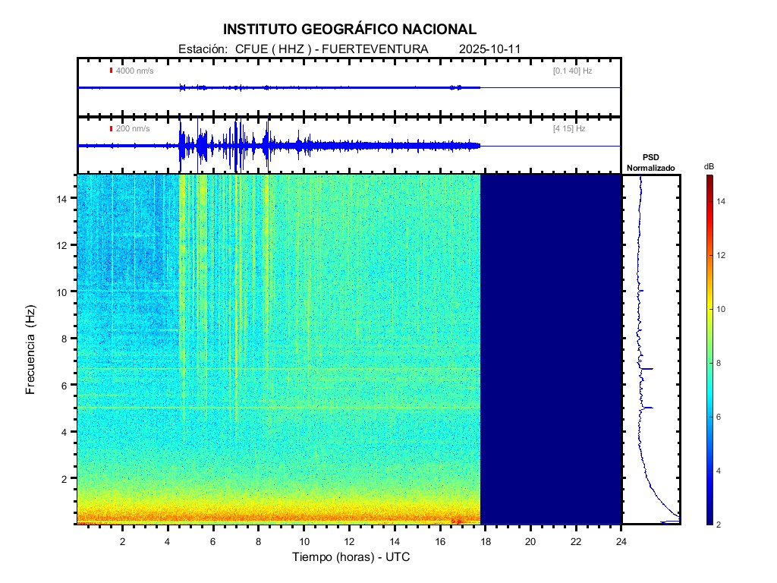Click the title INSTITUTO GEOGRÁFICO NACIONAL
(350, 30)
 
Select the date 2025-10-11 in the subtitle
(489, 49)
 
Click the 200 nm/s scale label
(132, 129)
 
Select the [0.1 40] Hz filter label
(572, 71)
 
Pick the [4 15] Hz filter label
(569, 129)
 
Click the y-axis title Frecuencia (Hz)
(31, 349)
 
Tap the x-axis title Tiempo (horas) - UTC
(351, 557)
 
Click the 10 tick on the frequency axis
(64, 291)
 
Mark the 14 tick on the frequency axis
(64, 198)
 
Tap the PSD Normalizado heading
(650, 162)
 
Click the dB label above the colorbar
(709, 166)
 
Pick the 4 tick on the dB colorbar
(722, 471)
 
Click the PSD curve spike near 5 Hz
(648, 408)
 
